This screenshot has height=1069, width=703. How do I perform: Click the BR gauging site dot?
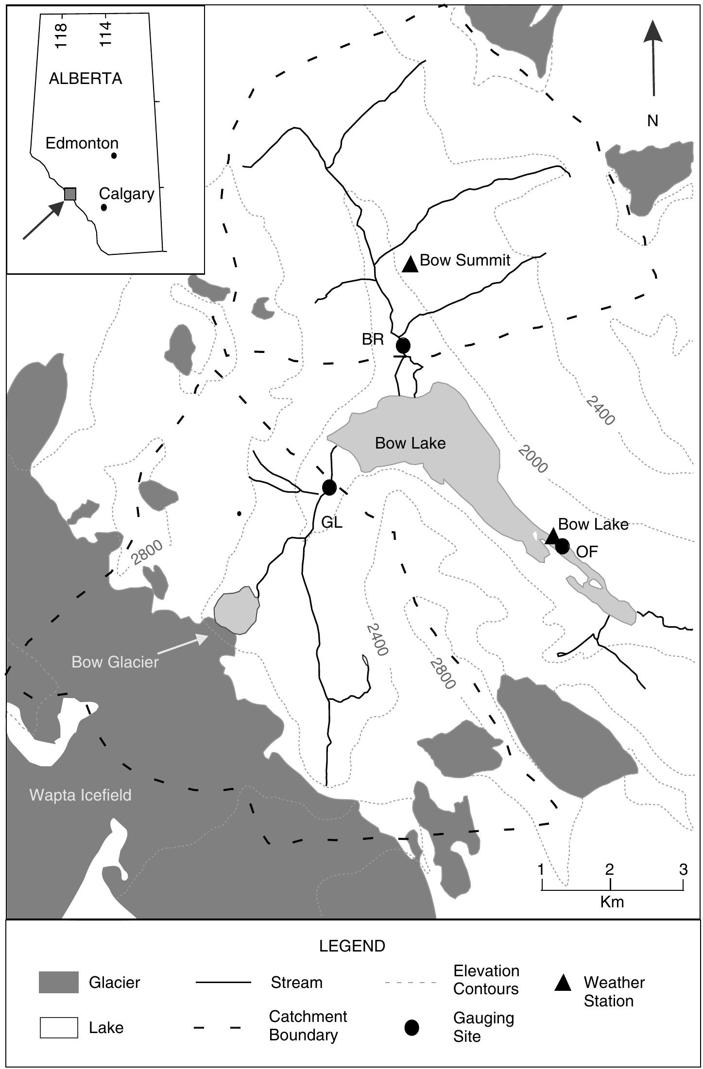coord(403,346)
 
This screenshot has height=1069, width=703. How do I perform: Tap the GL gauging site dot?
coord(329,487)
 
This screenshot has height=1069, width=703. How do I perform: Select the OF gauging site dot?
coord(562,546)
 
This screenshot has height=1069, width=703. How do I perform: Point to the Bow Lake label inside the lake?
coord(410,443)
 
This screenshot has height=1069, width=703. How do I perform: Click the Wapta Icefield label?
coord(80,795)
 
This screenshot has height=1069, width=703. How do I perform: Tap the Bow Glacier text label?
coord(115,662)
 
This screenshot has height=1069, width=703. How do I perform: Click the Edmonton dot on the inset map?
coord(114,156)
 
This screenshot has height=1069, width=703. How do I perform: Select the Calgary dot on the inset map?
coord(103,207)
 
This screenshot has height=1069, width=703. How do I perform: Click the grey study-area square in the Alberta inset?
coord(70,194)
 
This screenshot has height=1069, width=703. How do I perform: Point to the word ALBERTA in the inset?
coord(85,79)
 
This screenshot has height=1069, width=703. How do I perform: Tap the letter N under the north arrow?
coord(652,121)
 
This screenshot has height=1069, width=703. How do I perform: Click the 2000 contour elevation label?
coord(533,459)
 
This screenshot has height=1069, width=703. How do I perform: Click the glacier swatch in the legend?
coord(58,982)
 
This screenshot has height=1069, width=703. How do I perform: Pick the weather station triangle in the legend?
coord(563,982)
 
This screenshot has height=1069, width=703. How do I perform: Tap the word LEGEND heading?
coord(352,946)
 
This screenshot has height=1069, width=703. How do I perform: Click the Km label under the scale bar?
coord(612,902)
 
